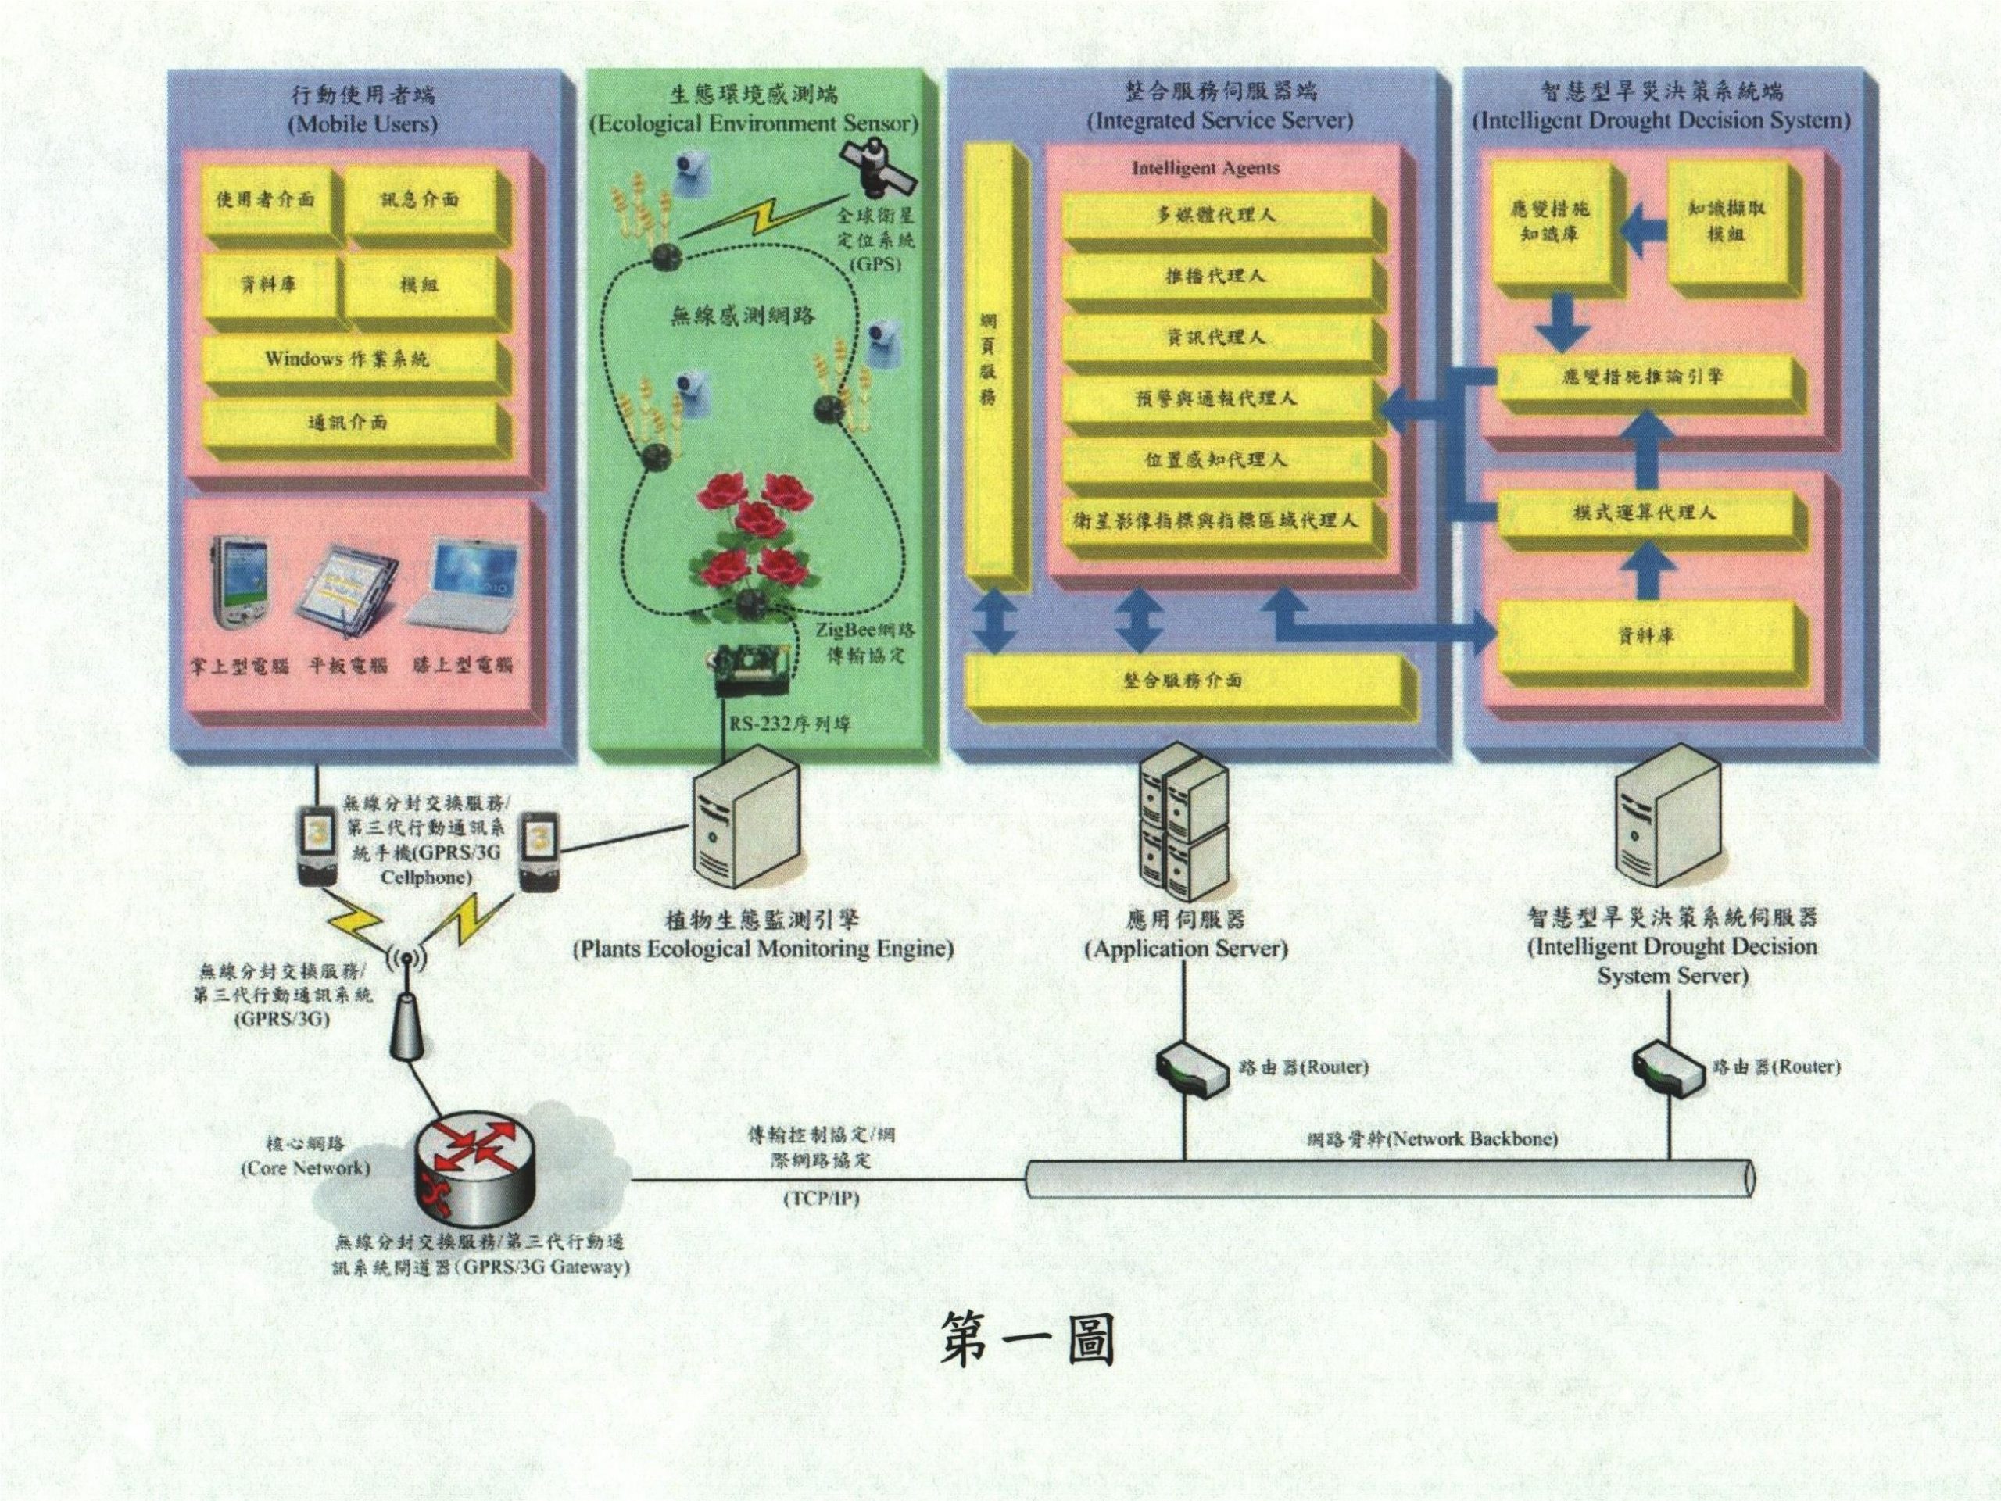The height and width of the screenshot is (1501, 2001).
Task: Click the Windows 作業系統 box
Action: [349, 360]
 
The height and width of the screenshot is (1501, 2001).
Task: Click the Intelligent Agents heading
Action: [1205, 168]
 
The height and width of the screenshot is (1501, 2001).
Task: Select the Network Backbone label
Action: [1433, 1139]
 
